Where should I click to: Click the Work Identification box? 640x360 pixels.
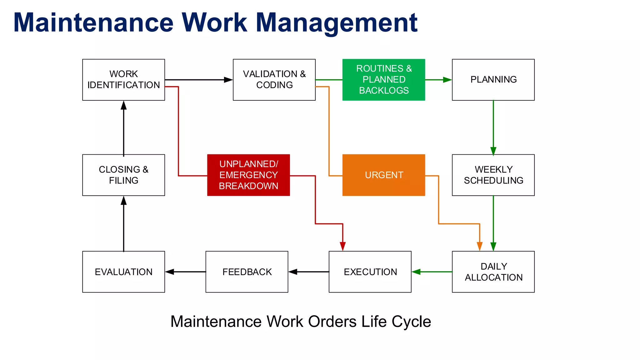coord(123,80)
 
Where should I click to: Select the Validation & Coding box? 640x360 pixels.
coord(274,80)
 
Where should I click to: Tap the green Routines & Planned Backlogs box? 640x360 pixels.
coord(383,80)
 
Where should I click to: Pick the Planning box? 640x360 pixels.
coord(493,80)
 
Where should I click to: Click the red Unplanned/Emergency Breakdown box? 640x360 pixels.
coord(248,175)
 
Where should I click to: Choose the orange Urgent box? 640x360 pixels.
coord(383,175)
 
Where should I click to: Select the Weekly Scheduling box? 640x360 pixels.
coord(493,175)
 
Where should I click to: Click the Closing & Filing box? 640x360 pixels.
coord(123,175)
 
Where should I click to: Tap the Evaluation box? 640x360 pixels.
coord(123,272)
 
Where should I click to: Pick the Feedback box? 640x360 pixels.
coord(247,272)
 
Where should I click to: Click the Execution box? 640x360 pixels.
coord(370,272)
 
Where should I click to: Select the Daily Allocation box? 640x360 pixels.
coord(493,272)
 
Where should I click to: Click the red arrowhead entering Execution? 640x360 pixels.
coord(343,247)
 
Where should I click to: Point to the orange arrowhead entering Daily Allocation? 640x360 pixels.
coord(480,247)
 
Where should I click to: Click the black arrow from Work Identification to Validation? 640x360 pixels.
coord(199,80)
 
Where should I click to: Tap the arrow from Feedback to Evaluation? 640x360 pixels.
coord(185,272)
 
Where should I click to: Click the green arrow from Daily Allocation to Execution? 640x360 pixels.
coord(432,272)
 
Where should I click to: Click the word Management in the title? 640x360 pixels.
coord(337,22)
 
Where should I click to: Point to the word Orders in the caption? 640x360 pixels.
coord(332,322)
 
